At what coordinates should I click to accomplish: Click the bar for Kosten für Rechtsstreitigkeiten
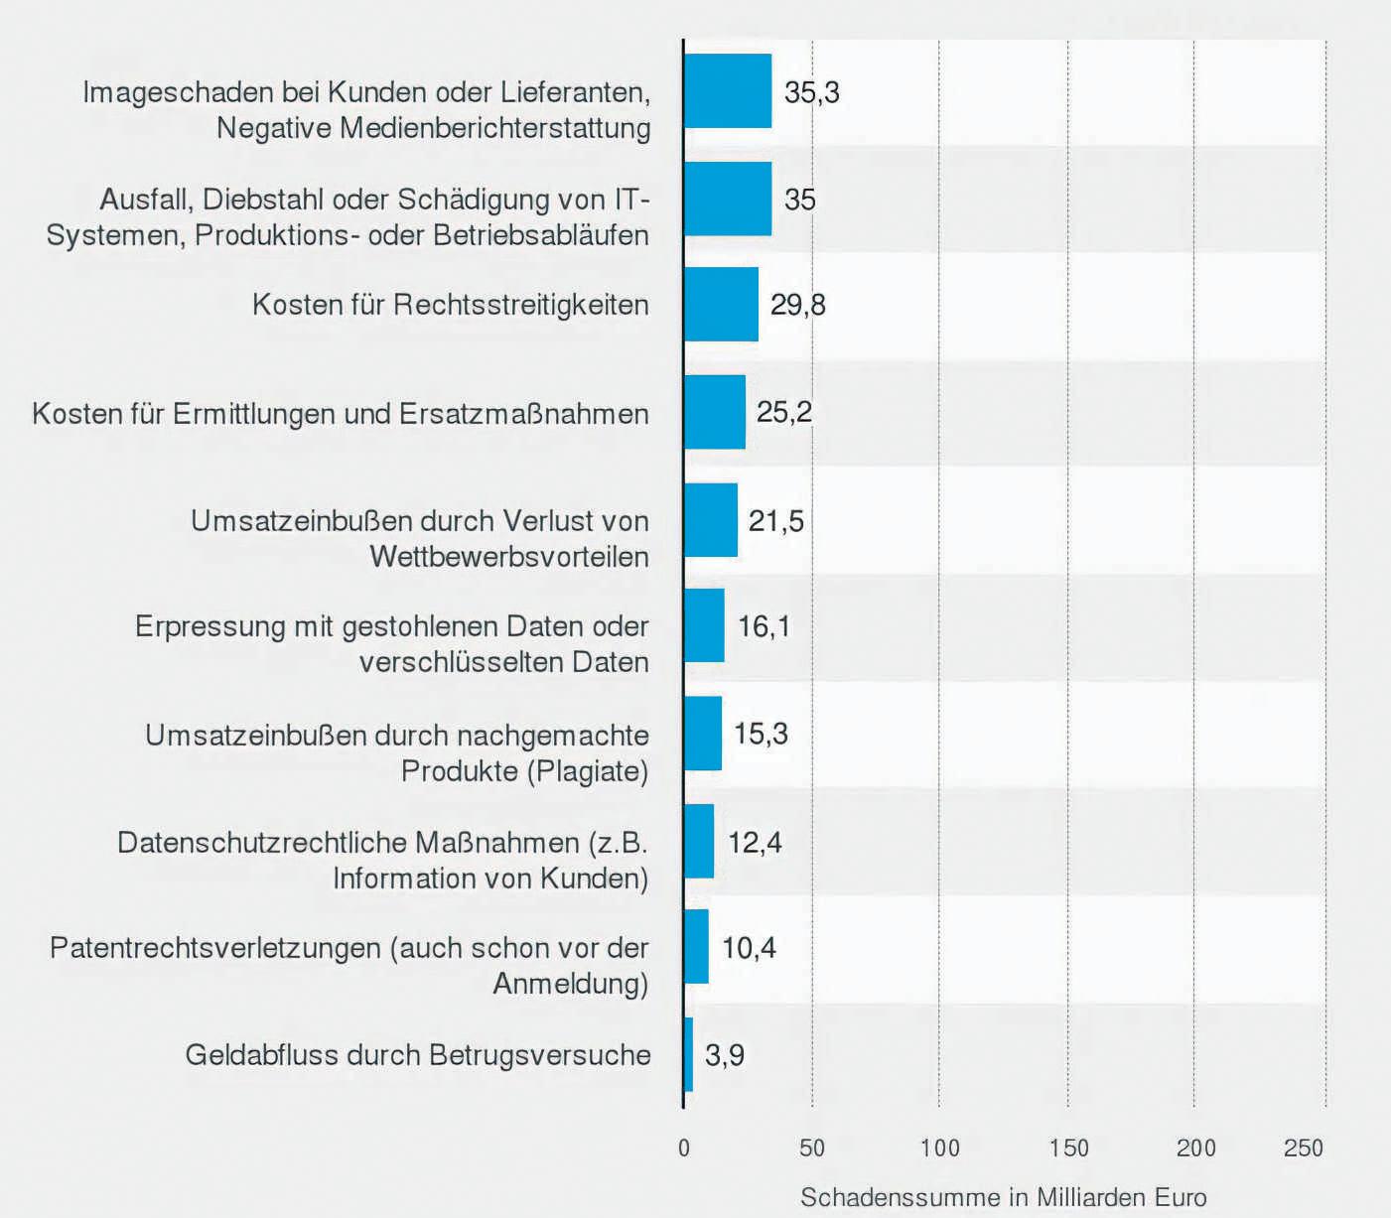721,304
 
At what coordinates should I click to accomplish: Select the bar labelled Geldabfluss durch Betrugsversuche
688,1054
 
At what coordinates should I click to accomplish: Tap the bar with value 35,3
728,91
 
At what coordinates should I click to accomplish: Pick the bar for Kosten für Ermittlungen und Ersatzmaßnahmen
715,412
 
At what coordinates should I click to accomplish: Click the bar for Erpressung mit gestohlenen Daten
704,625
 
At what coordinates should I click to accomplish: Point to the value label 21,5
775,520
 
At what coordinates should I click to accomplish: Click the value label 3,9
724,1054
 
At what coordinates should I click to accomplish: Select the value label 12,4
755,842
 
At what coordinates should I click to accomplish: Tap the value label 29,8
797,304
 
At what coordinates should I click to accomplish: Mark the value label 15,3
761,734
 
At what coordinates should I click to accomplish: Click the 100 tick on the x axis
939,1149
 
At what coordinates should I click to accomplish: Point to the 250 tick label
1303,1149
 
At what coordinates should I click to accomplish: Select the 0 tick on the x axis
683,1149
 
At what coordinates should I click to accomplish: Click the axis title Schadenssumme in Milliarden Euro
1003,1197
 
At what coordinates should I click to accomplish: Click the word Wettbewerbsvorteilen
509,557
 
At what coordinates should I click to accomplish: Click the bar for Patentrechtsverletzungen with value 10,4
696,947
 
